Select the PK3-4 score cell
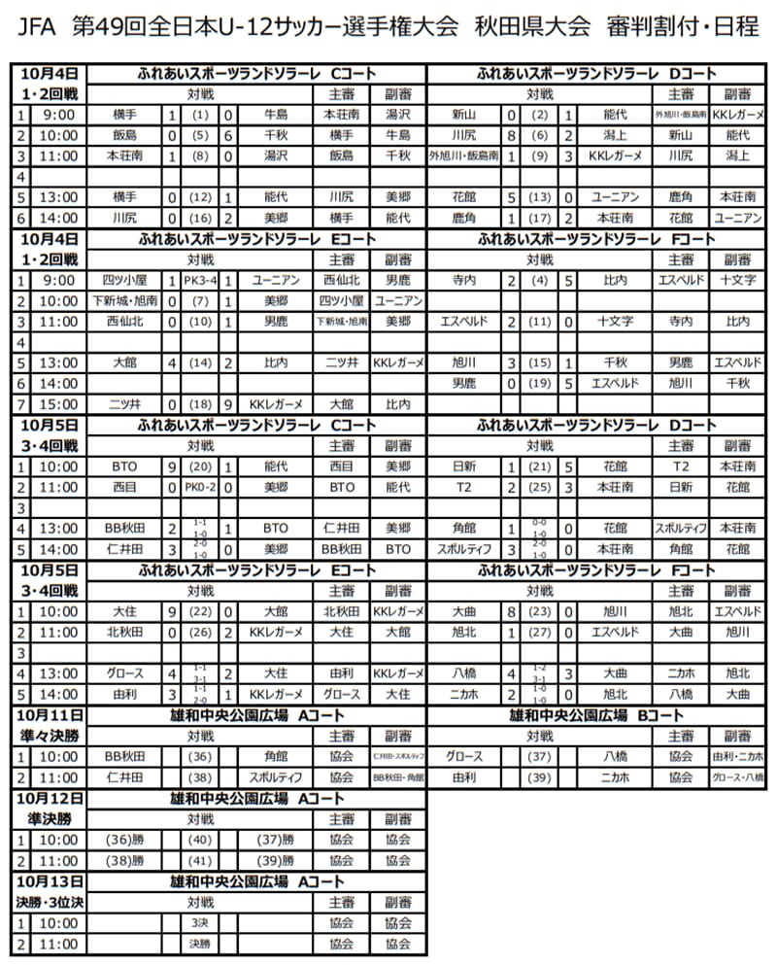[x=201, y=280]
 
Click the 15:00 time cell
[x=58, y=402]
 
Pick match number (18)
[x=201, y=402]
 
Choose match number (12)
[x=201, y=196]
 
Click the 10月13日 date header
[x=51, y=881]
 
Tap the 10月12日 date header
[x=51, y=798]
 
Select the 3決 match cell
[x=201, y=922]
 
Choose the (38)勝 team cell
[x=126, y=860]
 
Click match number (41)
[x=201, y=860]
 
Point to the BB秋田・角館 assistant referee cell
[x=398, y=777]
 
